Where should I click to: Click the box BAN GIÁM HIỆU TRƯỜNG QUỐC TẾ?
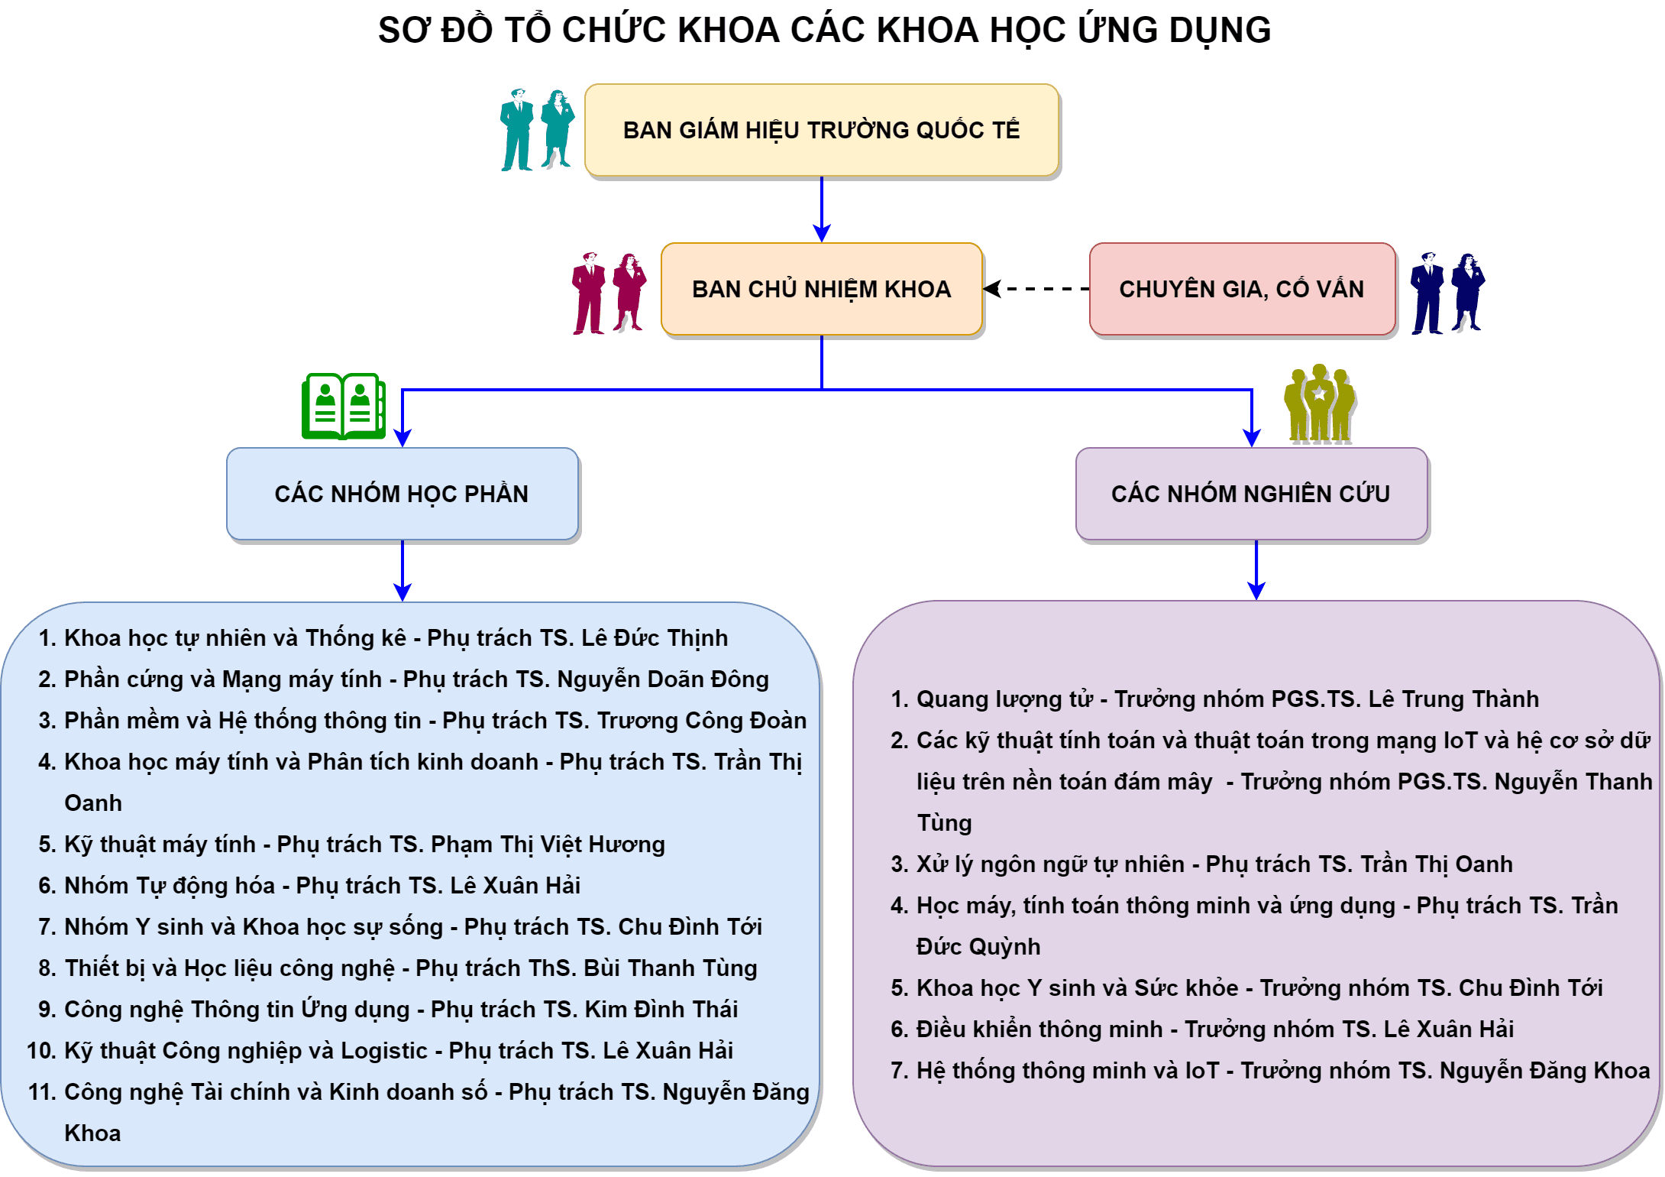(822, 130)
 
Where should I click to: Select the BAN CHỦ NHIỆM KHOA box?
(822, 289)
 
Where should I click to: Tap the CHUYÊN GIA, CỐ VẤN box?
(1243, 289)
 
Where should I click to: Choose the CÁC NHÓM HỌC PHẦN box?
(403, 494)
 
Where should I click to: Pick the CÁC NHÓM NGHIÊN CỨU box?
(1252, 494)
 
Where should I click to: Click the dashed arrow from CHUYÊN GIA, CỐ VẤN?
(1036, 289)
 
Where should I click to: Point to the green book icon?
(344, 406)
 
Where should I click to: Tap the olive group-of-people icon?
(1320, 404)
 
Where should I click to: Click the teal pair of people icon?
(537, 129)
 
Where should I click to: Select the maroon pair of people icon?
(609, 293)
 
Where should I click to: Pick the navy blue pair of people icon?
(1447, 293)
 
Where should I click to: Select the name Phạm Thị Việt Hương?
(548, 845)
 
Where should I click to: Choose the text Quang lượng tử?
(1004, 699)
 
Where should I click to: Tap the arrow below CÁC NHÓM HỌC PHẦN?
(403, 571)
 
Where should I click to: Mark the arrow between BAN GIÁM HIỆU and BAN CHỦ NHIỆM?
(822, 209)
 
